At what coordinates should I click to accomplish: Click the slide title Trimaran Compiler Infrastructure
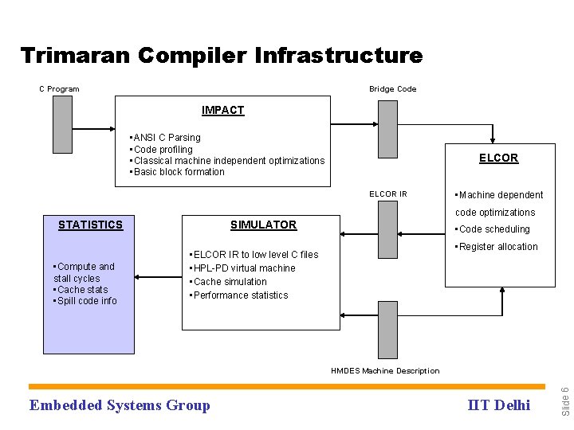pos(221,56)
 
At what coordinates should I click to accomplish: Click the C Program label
pos(60,89)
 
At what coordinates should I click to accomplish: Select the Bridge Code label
pos(392,89)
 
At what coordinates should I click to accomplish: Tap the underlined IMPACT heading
pos(223,110)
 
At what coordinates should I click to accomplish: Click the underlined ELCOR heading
pos(498,158)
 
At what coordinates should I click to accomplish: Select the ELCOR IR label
pos(388,194)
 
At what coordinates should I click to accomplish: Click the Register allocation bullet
pos(496,247)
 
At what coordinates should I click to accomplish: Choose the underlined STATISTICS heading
pos(91,225)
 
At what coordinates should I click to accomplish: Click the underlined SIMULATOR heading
pos(263,225)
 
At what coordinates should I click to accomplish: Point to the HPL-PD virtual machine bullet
pos(242,268)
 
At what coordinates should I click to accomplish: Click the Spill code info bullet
pos(85,301)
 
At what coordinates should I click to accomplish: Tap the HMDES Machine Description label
pos(385,371)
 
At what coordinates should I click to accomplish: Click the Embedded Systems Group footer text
pos(120,405)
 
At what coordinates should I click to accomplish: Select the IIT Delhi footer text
pos(498,405)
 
